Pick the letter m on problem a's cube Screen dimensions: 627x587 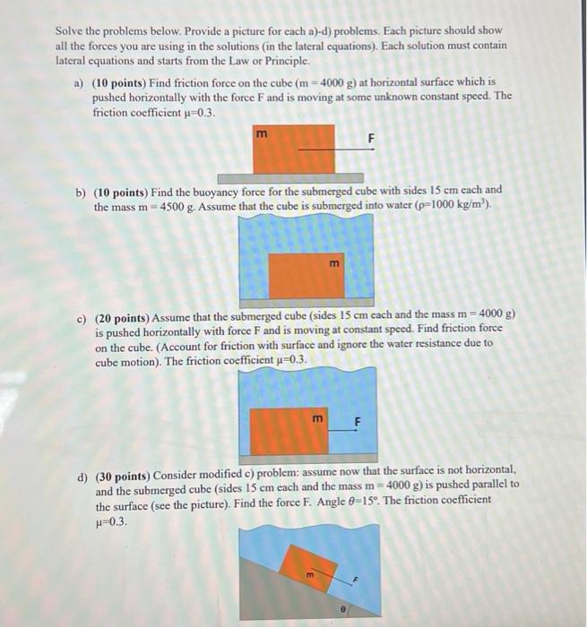pos(261,135)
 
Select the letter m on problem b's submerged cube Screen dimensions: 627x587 pos(334,262)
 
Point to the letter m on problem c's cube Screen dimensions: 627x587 pos(316,418)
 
